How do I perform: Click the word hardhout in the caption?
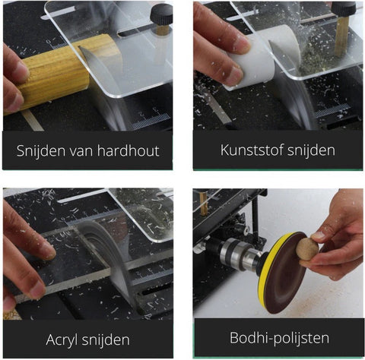(x=129, y=150)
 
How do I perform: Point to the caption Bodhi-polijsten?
(x=279, y=338)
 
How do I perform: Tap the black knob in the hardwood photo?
(x=161, y=14)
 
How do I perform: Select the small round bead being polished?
(x=307, y=249)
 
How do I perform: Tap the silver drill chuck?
(x=238, y=254)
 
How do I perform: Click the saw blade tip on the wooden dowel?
(x=79, y=46)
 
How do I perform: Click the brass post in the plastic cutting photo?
(x=341, y=36)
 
